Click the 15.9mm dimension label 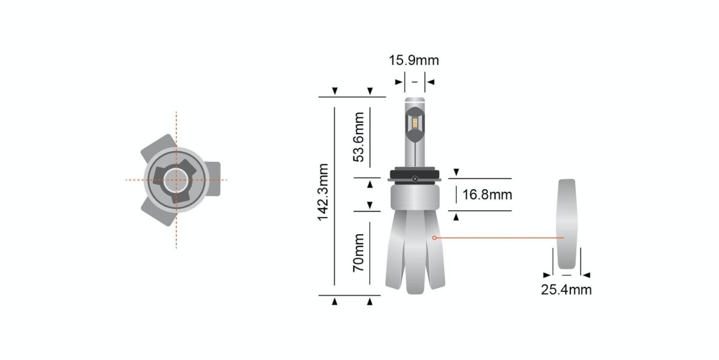pos(414,60)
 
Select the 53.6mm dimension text pos(359,137)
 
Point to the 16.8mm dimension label pos(487,195)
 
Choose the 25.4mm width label pos(566,290)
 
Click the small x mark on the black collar pos(415,179)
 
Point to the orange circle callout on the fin pos(434,238)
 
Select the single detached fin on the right pos(566,225)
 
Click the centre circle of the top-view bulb pos(176,179)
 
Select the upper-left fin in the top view pos(157,145)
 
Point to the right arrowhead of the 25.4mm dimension pos(587,275)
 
